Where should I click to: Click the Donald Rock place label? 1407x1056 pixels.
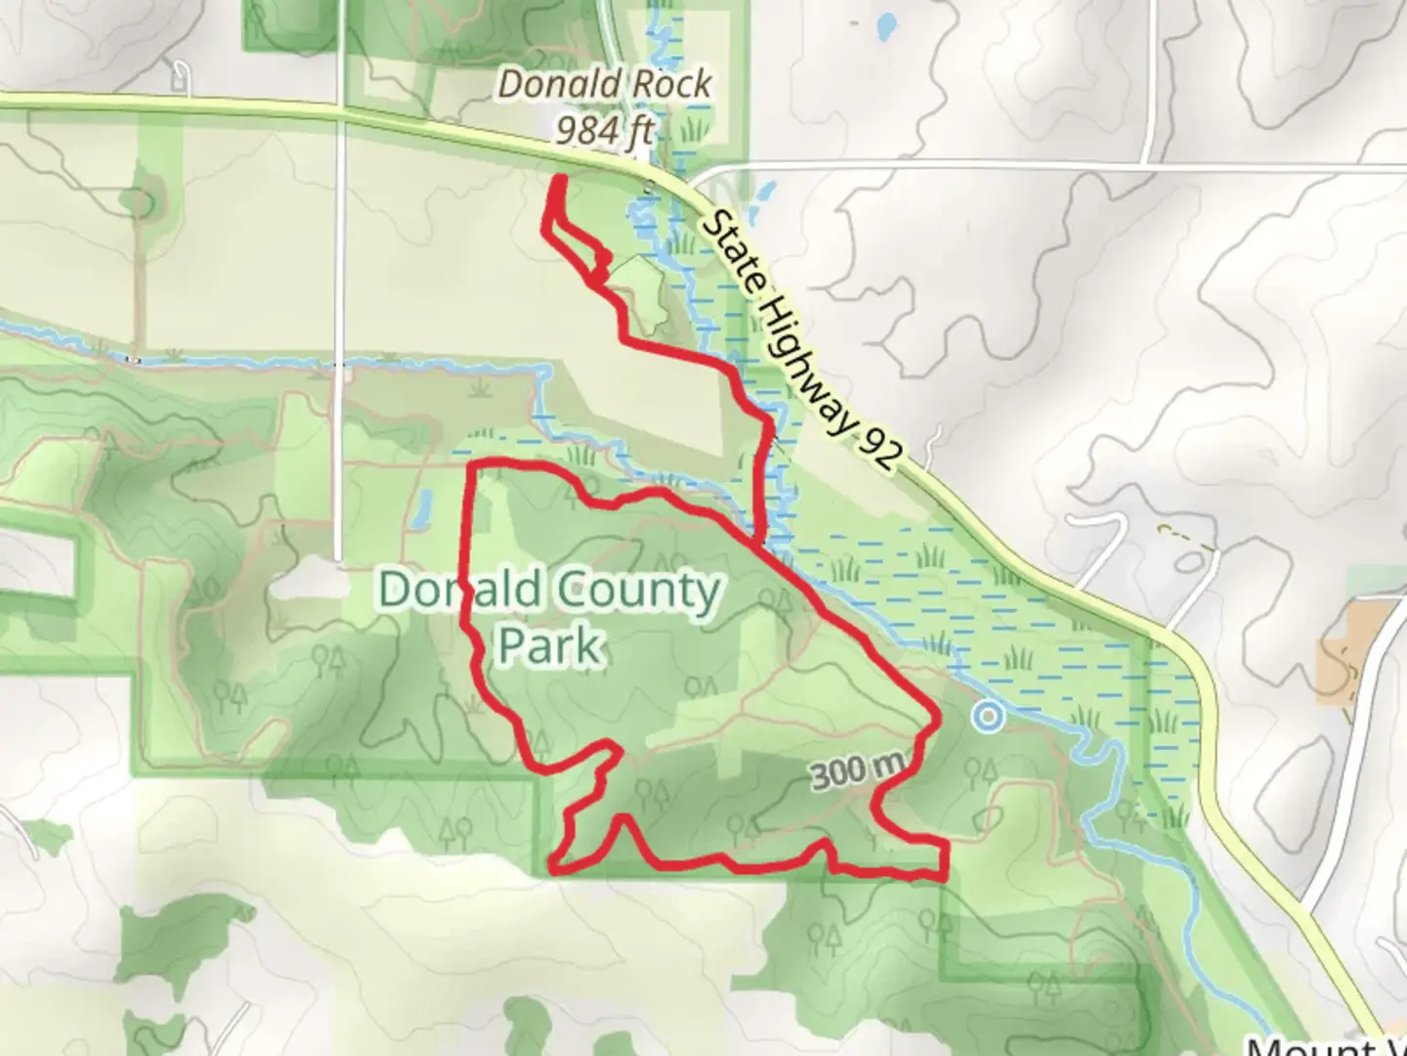(x=605, y=84)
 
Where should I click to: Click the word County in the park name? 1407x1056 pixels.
(x=638, y=592)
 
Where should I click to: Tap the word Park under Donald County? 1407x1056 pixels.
(x=548, y=646)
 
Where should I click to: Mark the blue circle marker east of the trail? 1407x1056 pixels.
(x=989, y=717)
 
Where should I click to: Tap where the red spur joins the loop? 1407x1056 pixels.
(x=760, y=540)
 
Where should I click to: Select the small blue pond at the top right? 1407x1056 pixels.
(x=887, y=26)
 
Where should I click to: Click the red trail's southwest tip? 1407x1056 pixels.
(x=554, y=865)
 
